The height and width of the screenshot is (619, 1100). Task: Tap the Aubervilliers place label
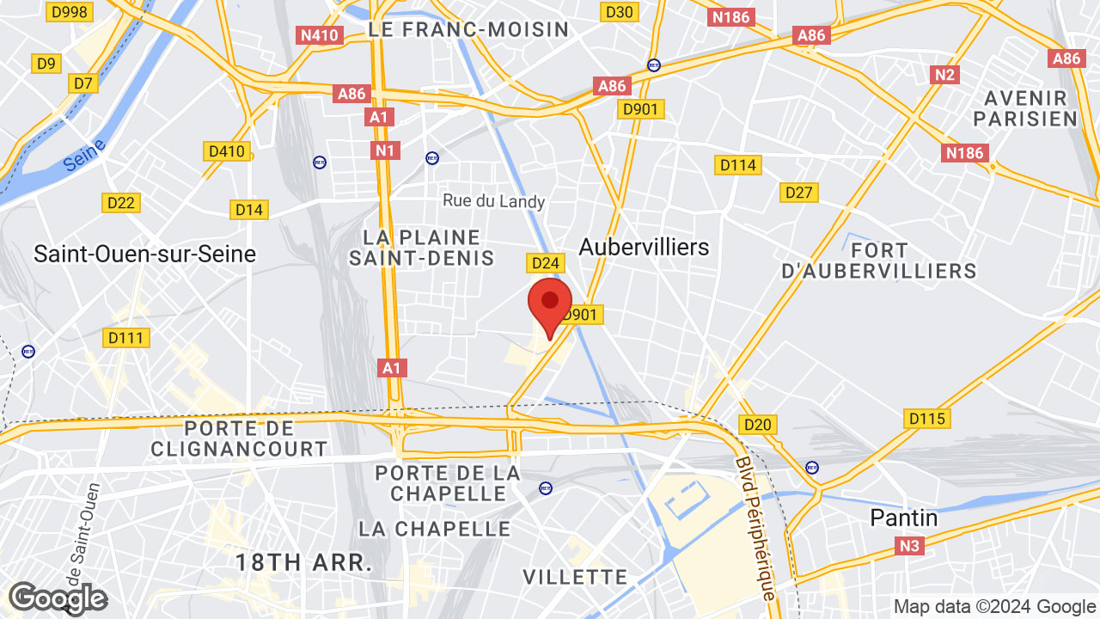pyautogui.click(x=644, y=248)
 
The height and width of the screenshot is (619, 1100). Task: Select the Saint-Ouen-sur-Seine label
pyautogui.click(x=144, y=254)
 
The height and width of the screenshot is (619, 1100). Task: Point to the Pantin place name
pyautogui.click(x=904, y=518)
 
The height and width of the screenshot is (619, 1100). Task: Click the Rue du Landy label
pyautogui.click(x=494, y=201)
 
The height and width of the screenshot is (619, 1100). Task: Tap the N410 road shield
pyautogui.click(x=320, y=35)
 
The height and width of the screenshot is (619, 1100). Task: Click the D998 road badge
pyautogui.click(x=70, y=11)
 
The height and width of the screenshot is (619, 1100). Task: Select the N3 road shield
pyautogui.click(x=910, y=546)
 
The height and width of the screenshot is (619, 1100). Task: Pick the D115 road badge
pyautogui.click(x=926, y=420)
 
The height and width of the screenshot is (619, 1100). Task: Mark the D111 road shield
pyautogui.click(x=125, y=338)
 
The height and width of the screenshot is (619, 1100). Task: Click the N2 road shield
pyautogui.click(x=944, y=75)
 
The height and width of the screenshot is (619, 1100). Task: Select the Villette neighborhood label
pyautogui.click(x=575, y=576)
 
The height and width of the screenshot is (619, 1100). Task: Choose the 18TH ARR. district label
pyautogui.click(x=304, y=563)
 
